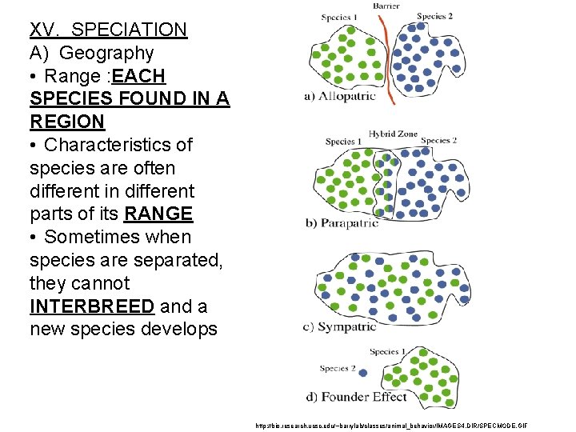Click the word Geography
106,54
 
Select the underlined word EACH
139,77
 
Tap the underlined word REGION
67,122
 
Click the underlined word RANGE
158,214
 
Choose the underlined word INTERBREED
92,306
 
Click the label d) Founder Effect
356,397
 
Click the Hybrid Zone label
393,134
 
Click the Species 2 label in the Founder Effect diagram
335,369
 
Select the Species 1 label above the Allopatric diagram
339,18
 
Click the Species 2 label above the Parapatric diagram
438,141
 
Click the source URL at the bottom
391,426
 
